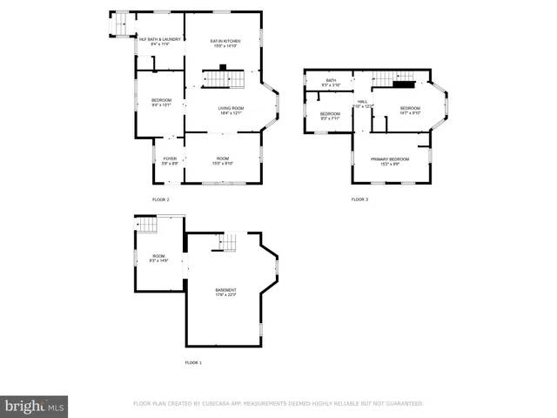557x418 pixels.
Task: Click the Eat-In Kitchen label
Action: click(225, 42)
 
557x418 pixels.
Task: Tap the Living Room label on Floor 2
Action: click(231, 108)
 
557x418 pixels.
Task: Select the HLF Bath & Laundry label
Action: click(160, 38)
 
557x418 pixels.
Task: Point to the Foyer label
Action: click(170, 158)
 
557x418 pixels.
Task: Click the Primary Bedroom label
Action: click(390, 158)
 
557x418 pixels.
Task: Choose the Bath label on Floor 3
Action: click(331, 80)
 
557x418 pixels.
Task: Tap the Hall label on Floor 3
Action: click(363, 101)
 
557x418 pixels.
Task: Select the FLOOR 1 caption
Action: click(193, 361)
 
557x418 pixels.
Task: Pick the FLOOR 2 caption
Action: click(161, 199)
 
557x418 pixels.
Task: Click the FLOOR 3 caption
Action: click(359, 199)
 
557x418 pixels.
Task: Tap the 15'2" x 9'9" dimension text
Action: click(390, 164)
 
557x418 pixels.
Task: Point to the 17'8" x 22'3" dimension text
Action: click(226, 294)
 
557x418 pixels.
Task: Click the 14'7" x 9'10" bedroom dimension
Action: click(410, 113)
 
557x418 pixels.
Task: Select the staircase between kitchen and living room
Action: click(223, 80)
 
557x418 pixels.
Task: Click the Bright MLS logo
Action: click(34, 407)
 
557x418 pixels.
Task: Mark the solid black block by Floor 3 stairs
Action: click(403, 84)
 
